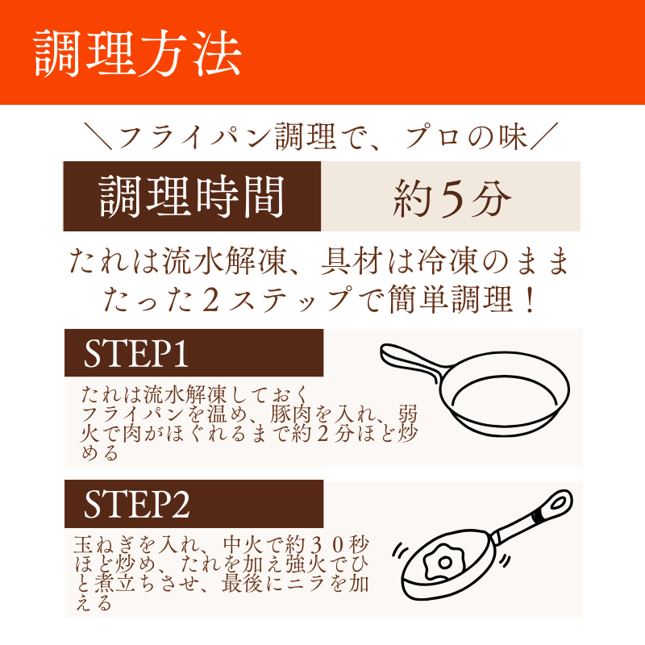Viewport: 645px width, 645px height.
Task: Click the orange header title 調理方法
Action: pos(137,53)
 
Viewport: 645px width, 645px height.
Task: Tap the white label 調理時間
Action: pos(192,197)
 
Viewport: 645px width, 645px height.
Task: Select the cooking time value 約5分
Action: pos(451,198)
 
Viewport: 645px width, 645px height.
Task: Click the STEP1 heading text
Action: pos(136,353)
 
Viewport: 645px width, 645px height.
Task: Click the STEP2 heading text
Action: pos(136,504)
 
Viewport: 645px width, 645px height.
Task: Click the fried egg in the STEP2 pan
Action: pos(443,562)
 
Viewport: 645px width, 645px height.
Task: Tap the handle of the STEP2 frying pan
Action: pos(534,514)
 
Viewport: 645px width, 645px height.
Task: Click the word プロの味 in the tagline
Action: pos(466,137)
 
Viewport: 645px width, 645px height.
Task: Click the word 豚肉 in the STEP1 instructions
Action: pos(290,414)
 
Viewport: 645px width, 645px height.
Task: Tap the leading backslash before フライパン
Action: pos(98,135)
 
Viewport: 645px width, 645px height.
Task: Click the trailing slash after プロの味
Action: pos(544,135)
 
